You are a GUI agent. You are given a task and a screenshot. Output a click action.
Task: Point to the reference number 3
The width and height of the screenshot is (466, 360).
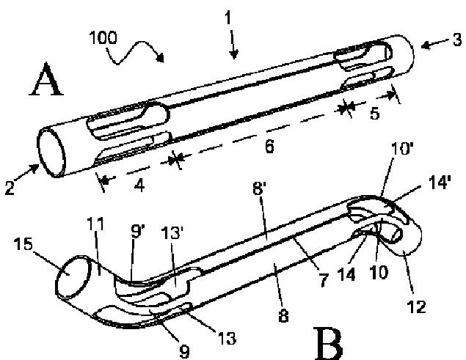click(457, 40)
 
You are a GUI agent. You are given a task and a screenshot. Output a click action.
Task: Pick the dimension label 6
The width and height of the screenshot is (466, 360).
click(269, 147)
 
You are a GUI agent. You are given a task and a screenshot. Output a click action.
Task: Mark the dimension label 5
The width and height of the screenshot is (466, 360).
click(374, 114)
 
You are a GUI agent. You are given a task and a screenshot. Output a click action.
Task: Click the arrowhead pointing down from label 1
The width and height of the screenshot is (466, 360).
click(233, 53)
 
